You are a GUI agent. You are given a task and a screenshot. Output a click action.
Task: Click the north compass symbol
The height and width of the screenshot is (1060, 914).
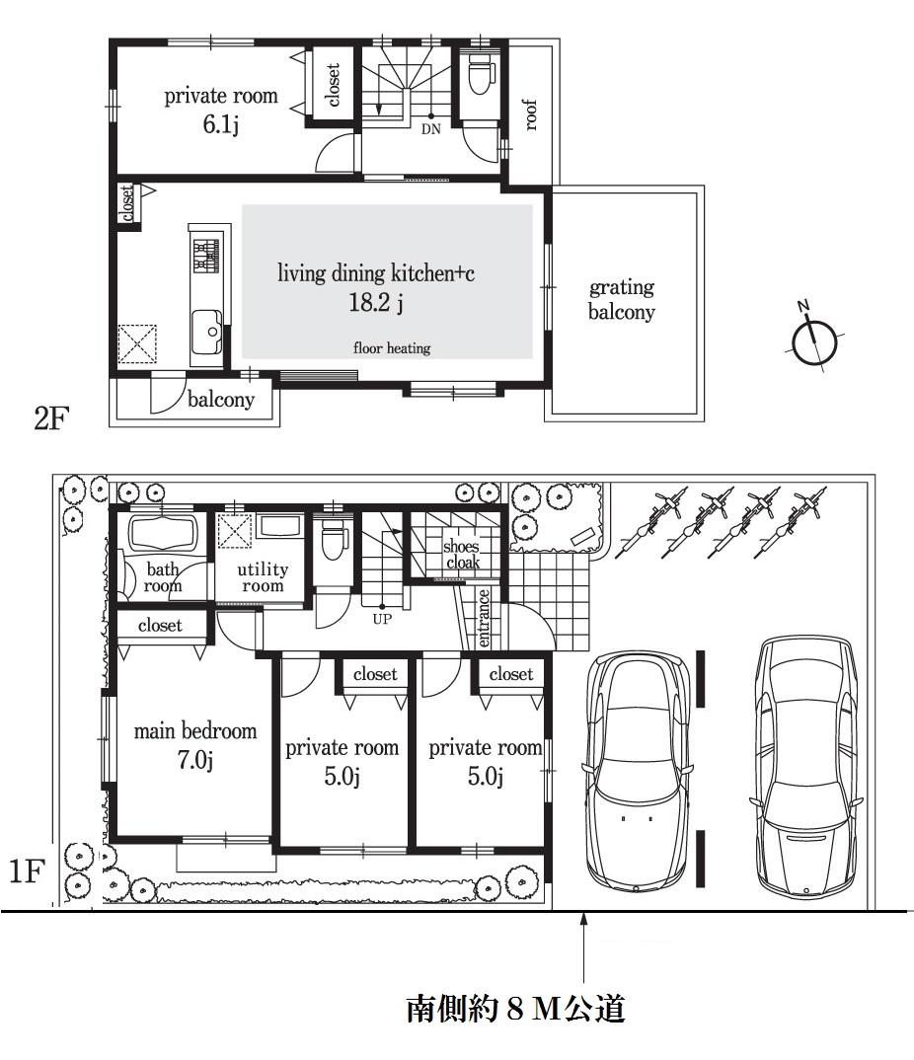pos(815,341)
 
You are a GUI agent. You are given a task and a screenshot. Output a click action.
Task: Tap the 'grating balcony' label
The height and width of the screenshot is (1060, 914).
pos(622,300)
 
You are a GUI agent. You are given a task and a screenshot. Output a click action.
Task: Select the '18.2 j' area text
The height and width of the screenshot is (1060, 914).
pos(375,304)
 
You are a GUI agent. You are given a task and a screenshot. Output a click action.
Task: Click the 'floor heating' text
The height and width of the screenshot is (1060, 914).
pos(392,347)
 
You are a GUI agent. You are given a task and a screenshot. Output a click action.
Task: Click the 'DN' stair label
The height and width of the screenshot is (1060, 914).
pos(431,128)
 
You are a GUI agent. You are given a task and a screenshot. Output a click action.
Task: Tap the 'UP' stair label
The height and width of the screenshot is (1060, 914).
pos(382,620)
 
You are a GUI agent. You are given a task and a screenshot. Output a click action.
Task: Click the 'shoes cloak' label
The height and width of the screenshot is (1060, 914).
pos(461,555)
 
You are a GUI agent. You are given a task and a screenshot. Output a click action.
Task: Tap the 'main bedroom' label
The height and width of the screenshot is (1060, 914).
pos(195,731)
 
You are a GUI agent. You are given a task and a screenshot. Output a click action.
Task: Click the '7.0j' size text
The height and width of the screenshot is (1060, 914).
pos(194,760)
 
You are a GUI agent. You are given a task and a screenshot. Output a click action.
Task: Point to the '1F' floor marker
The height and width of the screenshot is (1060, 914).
pos(30,871)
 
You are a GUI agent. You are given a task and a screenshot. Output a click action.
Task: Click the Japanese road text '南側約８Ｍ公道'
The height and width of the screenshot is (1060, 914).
pos(515,1009)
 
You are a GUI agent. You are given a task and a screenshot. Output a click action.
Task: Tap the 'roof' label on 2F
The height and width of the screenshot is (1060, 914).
pos(530,115)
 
